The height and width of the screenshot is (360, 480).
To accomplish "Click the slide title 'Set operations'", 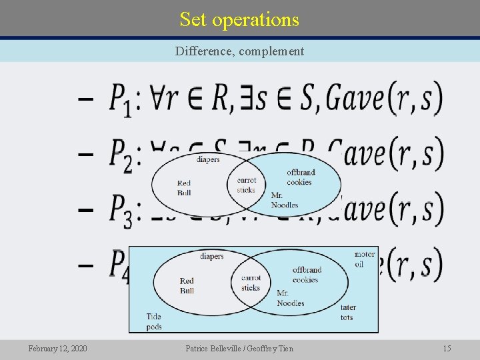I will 239,19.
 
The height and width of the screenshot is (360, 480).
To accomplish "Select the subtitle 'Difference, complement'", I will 239,51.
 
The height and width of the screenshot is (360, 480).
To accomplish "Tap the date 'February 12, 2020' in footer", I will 57,348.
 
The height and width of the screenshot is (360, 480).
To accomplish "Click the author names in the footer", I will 239,348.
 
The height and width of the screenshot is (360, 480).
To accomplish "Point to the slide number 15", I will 447,348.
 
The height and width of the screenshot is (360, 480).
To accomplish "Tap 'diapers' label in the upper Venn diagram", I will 208,159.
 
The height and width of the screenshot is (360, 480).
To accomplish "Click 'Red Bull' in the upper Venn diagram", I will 184,188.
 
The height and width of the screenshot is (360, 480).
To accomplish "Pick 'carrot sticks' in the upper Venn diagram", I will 246,185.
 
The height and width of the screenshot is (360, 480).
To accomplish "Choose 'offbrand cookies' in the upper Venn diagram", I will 300,177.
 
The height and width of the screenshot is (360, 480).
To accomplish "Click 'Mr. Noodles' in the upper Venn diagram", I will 285,200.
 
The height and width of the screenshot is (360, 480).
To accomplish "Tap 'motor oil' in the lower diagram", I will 364,259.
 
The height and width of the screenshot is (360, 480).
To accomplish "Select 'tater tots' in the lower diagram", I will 348,312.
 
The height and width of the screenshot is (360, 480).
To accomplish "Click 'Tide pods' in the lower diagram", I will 154,321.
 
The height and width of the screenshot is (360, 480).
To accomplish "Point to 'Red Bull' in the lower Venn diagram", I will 187,285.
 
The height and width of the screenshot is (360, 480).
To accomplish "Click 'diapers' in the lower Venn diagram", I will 212,257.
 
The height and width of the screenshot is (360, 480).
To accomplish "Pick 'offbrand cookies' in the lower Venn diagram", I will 307,275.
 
